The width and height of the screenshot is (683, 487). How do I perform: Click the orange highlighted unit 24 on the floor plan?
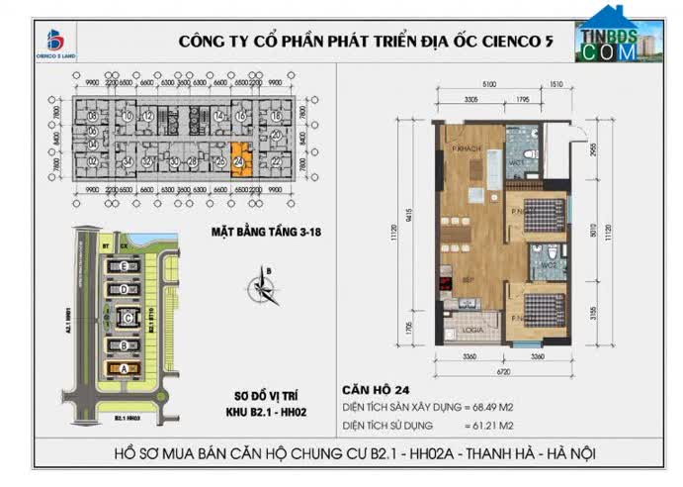tap(239, 157)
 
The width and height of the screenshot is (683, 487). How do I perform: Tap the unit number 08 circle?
tap(92, 116)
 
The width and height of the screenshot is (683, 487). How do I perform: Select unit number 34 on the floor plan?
tap(128, 162)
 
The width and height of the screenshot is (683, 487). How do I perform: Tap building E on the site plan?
tap(122, 268)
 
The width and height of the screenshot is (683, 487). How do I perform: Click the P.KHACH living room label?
tap(466, 148)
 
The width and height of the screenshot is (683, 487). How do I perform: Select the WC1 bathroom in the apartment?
tap(516, 161)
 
